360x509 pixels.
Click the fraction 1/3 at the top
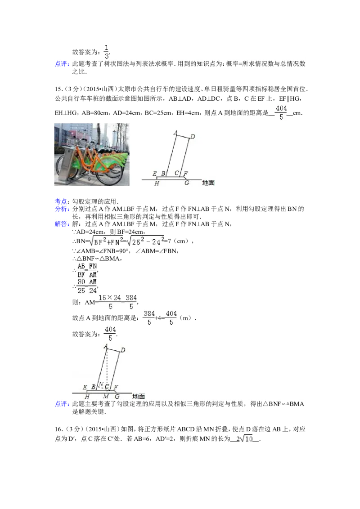107,52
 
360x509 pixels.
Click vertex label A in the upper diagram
175,133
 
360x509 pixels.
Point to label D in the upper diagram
192,136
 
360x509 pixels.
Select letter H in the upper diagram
157,183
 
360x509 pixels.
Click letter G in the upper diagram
187,183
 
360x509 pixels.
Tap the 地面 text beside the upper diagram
208,183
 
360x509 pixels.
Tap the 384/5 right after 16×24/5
130,302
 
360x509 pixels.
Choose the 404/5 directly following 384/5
171,318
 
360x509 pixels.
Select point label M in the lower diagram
106,396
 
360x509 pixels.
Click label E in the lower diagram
85,387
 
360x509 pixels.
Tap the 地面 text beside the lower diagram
139,396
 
